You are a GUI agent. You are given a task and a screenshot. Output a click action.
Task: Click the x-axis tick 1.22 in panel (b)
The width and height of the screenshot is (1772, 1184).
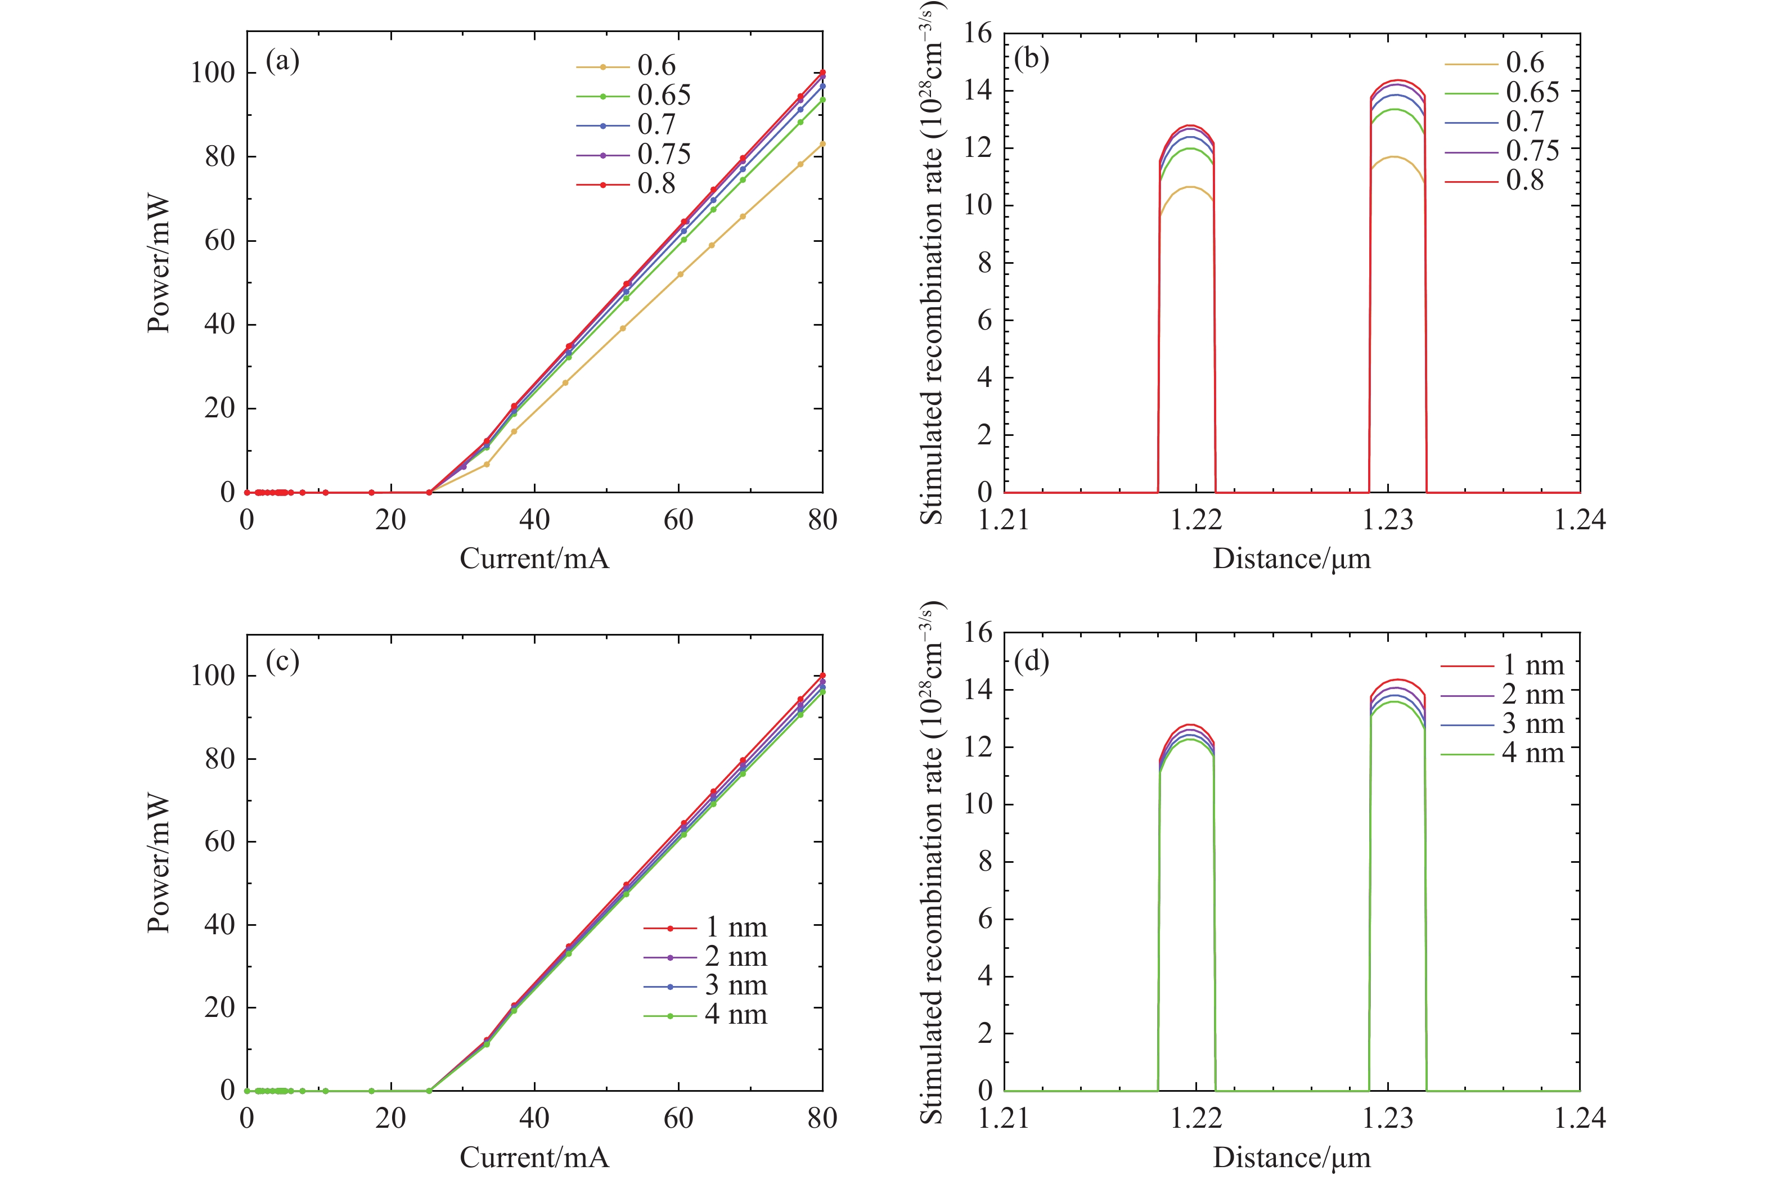tap(1196, 520)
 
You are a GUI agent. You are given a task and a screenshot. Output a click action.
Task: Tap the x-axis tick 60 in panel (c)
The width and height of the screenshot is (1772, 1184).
tap(678, 1118)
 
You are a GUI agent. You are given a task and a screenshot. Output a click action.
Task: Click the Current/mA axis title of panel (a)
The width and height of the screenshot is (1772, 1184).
tap(534, 559)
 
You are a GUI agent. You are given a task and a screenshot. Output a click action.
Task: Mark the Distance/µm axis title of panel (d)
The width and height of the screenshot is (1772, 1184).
tap(1291, 1158)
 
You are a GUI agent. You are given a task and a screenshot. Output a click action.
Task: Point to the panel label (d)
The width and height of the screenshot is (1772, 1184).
tap(1031, 661)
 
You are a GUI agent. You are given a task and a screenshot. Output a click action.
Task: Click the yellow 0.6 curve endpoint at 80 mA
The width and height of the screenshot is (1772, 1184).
tap(822, 143)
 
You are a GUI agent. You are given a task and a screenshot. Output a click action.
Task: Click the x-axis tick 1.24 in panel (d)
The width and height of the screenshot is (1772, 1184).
tap(1580, 1118)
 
